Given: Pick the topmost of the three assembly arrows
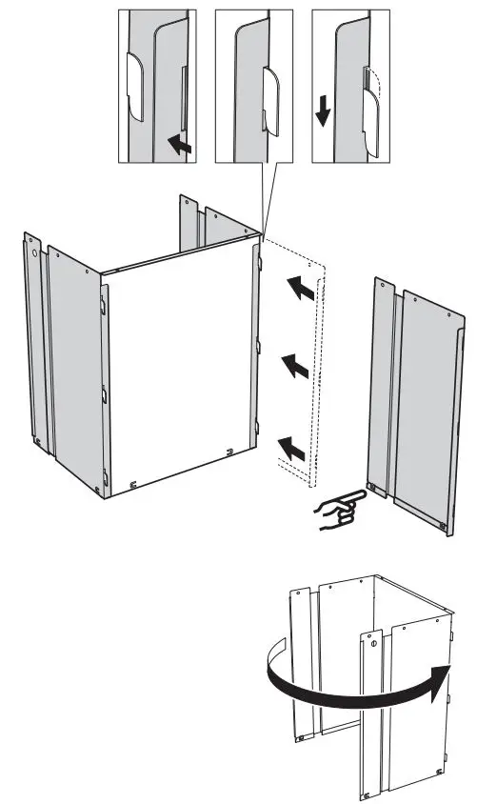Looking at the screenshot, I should [302, 288].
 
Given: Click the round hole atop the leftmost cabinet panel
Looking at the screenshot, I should [34, 254].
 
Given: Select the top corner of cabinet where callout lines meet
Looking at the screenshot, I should [260, 231].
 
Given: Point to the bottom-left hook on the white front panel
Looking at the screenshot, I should [133, 484].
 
